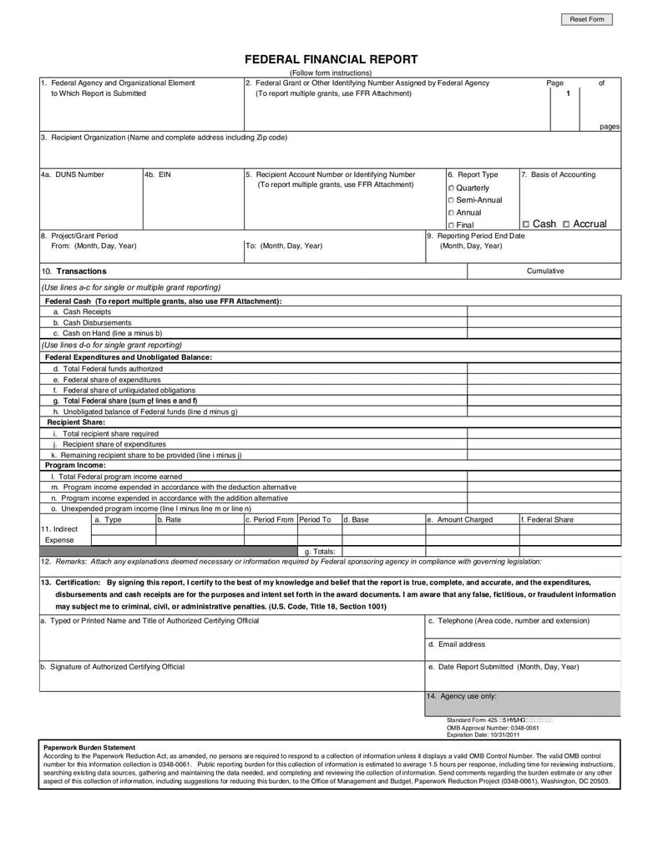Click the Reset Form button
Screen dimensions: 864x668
[x=586, y=19]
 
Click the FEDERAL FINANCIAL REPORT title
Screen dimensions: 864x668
[x=331, y=59]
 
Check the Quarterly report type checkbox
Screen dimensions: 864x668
[x=452, y=189]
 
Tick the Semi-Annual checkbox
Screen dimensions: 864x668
[x=452, y=200]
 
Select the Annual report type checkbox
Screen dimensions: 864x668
[x=452, y=213]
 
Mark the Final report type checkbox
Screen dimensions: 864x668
[x=452, y=225]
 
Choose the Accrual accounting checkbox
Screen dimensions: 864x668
[x=567, y=225]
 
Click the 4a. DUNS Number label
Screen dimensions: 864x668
[x=73, y=174]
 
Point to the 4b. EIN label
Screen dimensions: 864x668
[x=159, y=174]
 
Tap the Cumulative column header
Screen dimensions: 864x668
[x=544, y=270]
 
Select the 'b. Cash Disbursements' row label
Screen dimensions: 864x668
[x=92, y=322]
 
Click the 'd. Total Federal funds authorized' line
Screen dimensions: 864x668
[x=108, y=368]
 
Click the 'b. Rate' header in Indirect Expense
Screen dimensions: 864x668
[x=170, y=519]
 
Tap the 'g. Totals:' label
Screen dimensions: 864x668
[x=320, y=552]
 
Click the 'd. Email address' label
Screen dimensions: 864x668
[x=457, y=644]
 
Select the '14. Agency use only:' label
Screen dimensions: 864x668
[x=462, y=695]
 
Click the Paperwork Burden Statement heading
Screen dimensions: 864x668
[x=89, y=746]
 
